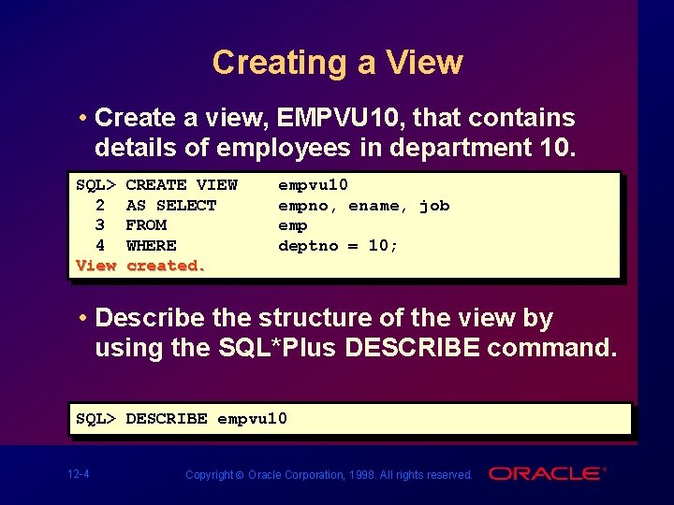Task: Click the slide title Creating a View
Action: [337, 63]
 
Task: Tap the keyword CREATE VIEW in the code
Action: [182, 185]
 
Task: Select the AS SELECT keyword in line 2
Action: [171, 206]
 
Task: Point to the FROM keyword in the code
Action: [146, 225]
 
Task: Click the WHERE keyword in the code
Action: [151, 246]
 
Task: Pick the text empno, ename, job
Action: [364, 206]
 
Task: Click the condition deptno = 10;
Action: [338, 246]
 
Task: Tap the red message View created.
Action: [140, 266]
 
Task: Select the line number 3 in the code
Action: [100, 225]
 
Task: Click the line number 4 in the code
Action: [100, 246]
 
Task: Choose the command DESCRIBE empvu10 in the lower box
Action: [206, 418]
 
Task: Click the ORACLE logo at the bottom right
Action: [547, 473]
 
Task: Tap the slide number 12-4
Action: [80, 474]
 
